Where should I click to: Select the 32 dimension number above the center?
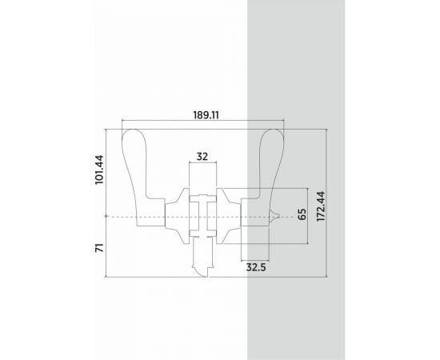coord(202,157)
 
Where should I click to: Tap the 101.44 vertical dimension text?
coord(100,170)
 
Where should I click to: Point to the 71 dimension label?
coord(100,248)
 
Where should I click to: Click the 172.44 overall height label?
coord(321,205)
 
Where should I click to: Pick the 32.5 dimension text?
coord(256,267)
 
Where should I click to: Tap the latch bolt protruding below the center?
coord(202,260)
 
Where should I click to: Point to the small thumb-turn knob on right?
coord(274,216)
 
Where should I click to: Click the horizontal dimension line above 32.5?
coord(256,259)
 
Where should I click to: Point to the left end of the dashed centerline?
coord(106,217)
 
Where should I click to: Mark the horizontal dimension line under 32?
coord(202,164)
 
